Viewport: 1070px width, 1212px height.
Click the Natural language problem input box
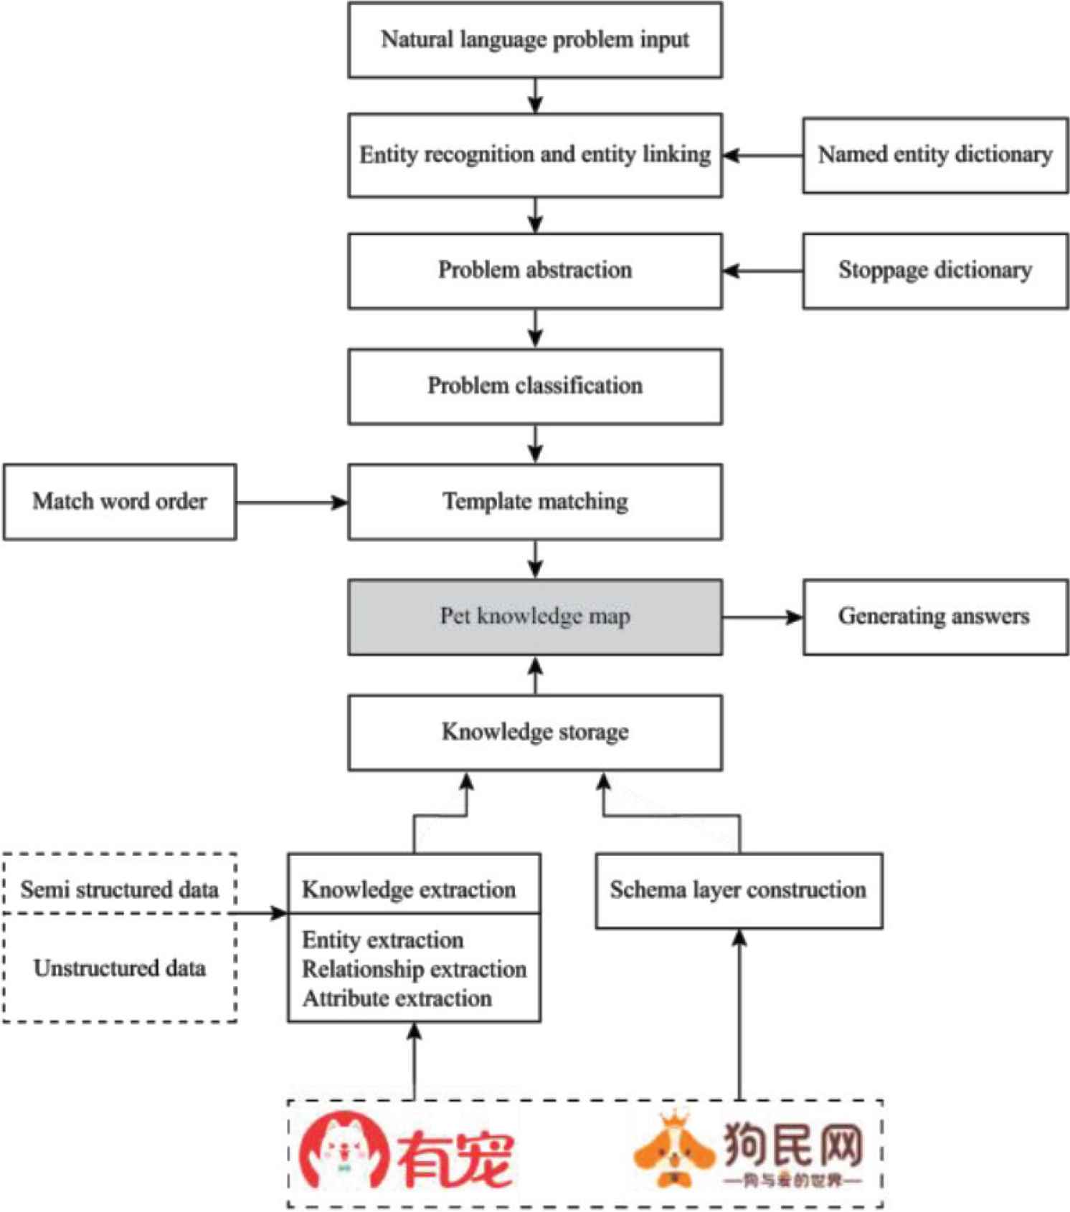click(x=535, y=40)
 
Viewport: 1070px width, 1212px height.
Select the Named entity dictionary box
click(x=935, y=155)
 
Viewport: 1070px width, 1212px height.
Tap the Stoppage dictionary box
click(x=935, y=270)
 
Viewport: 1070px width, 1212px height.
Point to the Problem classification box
click(x=535, y=386)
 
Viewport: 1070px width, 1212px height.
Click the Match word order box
click(x=120, y=502)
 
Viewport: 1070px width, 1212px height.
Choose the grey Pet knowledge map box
click(x=535, y=617)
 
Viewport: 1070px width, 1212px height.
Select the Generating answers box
click(x=935, y=617)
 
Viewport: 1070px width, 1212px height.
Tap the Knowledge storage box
click(x=535, y=733)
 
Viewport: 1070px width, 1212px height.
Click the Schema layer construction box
click(x=739, y=890)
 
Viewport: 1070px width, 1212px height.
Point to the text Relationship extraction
click(x=415, y=970)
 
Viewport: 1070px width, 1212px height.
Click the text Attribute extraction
click(x=397, y=999)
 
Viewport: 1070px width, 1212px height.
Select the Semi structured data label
click(x=120, y=890)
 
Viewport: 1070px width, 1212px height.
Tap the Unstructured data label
click(x=120, y=969)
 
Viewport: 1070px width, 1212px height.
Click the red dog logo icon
click(x=344, y=1151)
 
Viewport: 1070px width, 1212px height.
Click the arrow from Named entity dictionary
click(x=762, y=155)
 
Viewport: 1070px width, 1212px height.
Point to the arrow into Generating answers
click(x=762, y=617)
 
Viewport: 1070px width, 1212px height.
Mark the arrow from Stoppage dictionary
click(x=762, y=271)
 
